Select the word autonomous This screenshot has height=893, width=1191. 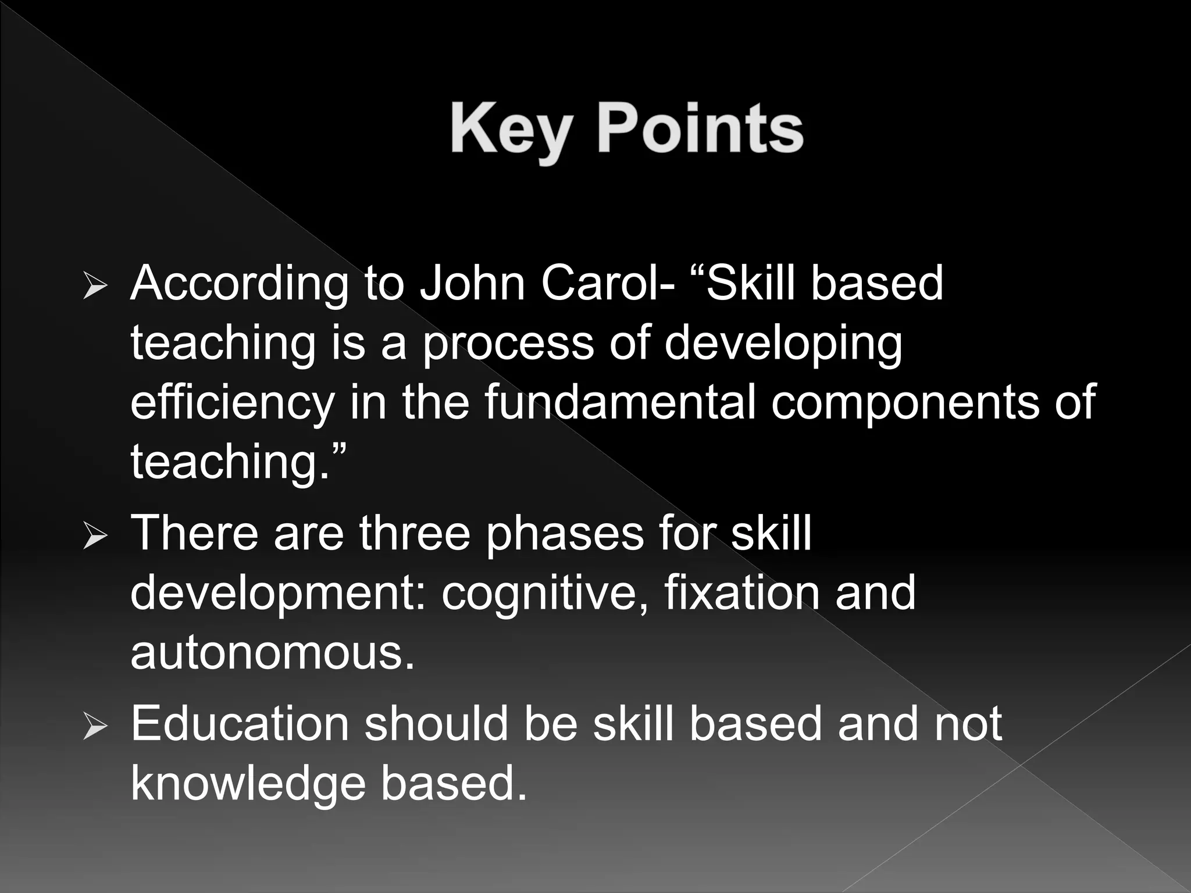[272, 653]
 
